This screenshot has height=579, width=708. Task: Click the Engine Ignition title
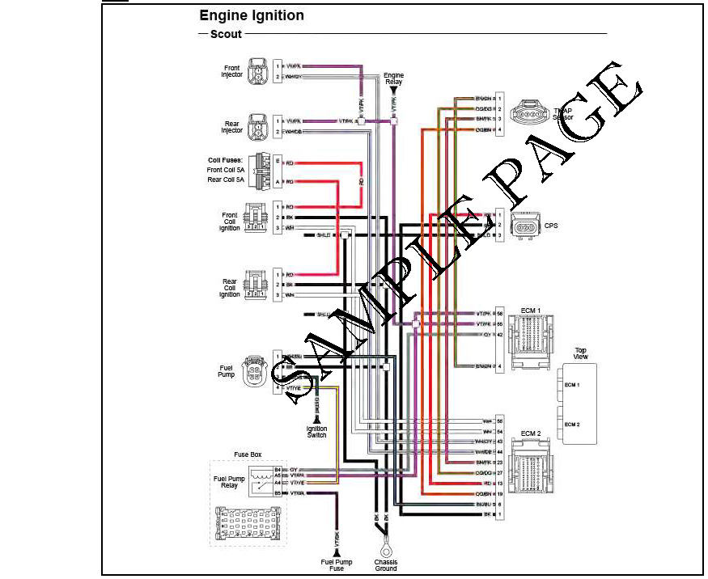click(252, 15)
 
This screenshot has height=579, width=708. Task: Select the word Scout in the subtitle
click(225, 34)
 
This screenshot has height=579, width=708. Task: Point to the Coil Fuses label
click(225, 160)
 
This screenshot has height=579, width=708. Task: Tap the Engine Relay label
click(394, 78)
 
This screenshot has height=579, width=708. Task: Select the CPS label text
click(550, 226)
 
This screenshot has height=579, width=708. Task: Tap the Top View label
click(580, 353)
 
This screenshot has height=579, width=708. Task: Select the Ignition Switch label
click(316, 432)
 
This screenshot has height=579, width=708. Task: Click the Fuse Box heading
click(248, 455)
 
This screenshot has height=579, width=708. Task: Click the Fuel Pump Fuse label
click(333, 564)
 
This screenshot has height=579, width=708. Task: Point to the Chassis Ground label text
click(385, 564)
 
